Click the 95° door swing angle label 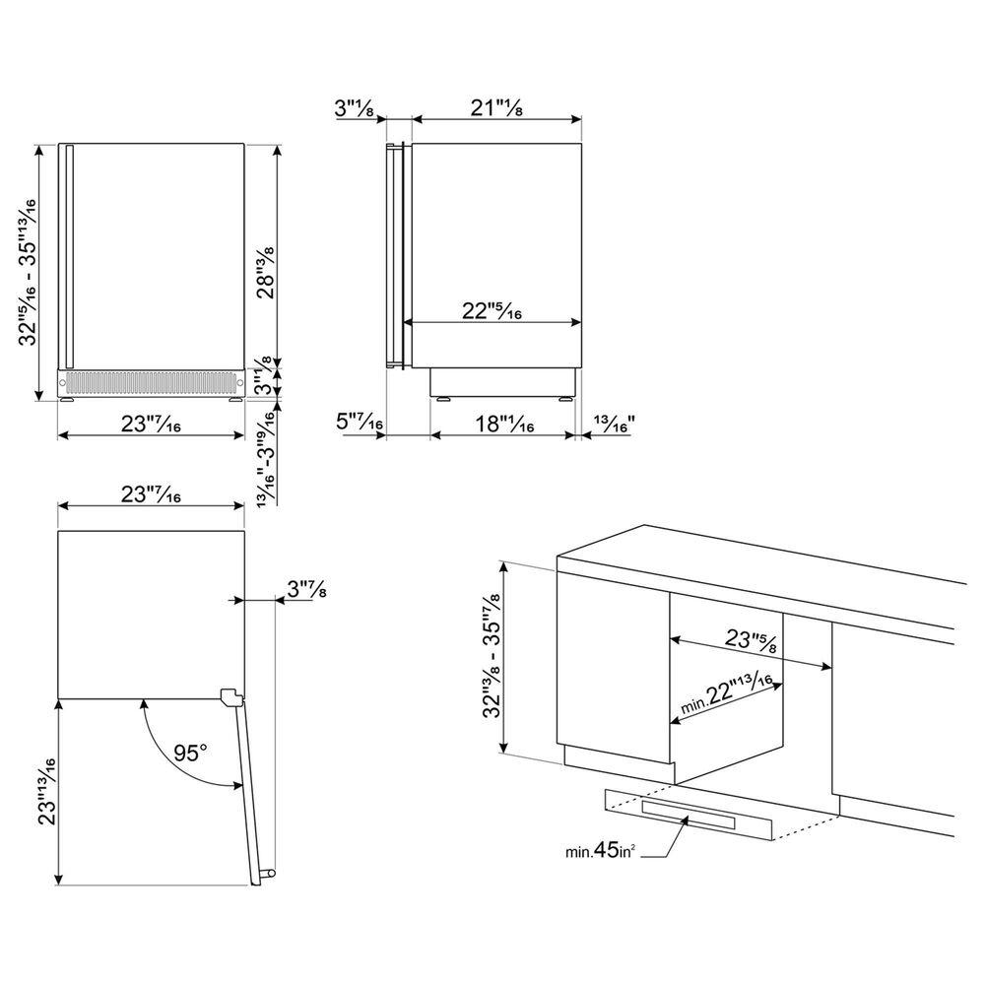click(190, 753)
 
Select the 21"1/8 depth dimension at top click(496, 108)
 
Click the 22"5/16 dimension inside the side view click(492, 310)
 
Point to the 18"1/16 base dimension click(504, 424)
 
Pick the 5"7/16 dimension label click(360, 422)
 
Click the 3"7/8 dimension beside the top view click(306, 589)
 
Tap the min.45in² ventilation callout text click(600, 851)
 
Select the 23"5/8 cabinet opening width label click(752, 641)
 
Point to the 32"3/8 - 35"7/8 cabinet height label click(492, 655)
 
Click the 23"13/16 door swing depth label click(46, 791)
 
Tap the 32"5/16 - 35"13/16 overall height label click(28, 272)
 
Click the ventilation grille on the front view click(150, 381)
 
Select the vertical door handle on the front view click(69, 256)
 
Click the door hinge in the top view click(230, 696)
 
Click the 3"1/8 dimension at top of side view click(355, 108)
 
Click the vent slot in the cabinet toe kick click(689, 815)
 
